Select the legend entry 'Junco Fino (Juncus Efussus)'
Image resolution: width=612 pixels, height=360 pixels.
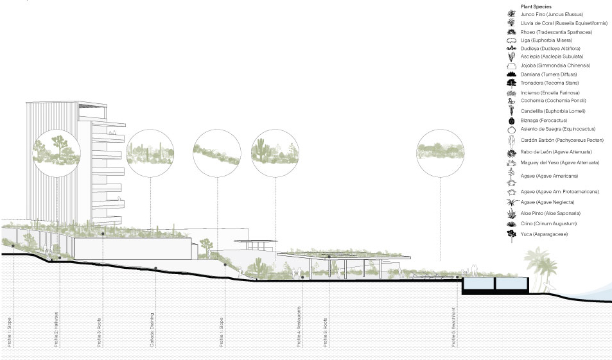tap(553, 13)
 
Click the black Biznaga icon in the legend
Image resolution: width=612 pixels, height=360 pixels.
tap(512, 121)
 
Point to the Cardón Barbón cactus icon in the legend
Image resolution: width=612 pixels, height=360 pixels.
tap(512, 141)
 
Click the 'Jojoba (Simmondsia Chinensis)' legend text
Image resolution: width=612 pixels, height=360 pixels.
tap(555, 65)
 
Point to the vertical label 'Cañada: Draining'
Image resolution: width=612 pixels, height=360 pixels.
tap(152, 330)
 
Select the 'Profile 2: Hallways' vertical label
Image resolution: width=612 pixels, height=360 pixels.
tap(56, 330)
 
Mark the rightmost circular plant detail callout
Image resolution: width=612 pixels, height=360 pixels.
tap(440, 152)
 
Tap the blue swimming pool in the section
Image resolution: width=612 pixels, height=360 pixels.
tap(494, 283)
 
